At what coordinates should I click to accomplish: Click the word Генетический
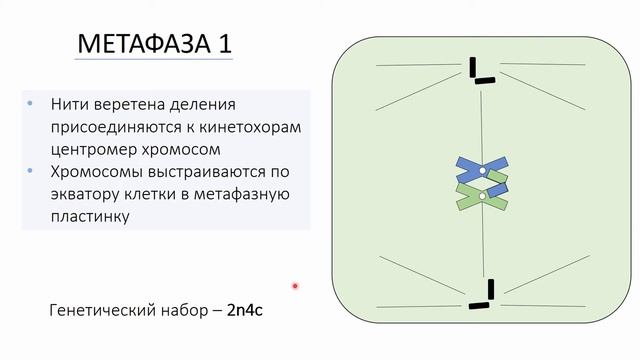tap(101, 310)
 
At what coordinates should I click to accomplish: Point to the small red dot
tap(295, 286)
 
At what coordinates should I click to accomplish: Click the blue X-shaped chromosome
tap(482, 171)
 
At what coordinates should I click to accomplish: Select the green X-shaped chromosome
tap(482, 195)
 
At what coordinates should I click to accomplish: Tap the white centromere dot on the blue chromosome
tap(482, 173)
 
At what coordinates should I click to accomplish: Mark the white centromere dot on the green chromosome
tap(482, 196)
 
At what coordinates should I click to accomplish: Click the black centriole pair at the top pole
tap(479, 71)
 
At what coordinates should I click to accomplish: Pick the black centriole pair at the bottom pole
tap(485, 295)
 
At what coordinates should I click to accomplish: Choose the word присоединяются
tap(110, 128)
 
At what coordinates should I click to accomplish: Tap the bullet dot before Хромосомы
tap(33, 171)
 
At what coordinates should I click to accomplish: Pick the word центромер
tap(99, 150)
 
